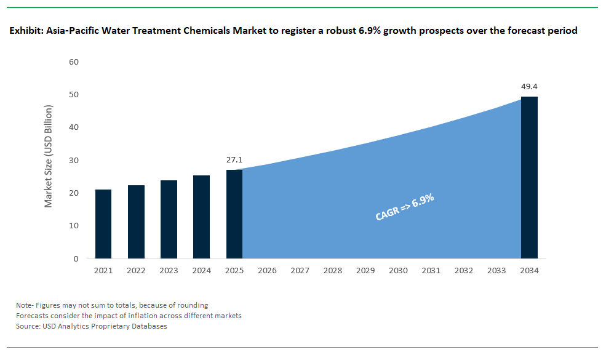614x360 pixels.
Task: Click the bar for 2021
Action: (x=103, y=224)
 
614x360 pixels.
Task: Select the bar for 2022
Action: (x=136, y=222)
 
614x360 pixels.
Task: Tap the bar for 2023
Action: (x=169, y=219)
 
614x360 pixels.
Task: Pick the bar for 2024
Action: (x=201, y=217)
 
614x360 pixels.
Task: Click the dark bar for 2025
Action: (x=234, y=214)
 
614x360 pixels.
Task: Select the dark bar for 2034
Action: (x=529, y=177)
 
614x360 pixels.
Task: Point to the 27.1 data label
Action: (x=234, y=159)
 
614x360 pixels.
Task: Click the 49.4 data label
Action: (x=529, y=86)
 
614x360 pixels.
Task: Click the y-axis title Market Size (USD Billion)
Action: (x=49, y=156)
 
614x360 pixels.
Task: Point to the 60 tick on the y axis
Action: (x=74, y=62)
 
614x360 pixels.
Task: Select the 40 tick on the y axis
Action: (x=74, y=127)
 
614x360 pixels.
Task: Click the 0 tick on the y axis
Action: (x=76, y=258)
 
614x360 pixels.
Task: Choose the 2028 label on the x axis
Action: (x=332, y=270)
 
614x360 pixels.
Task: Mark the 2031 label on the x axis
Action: (x=431, y=270)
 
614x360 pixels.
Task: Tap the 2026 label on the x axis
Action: (x=267, y=270)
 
